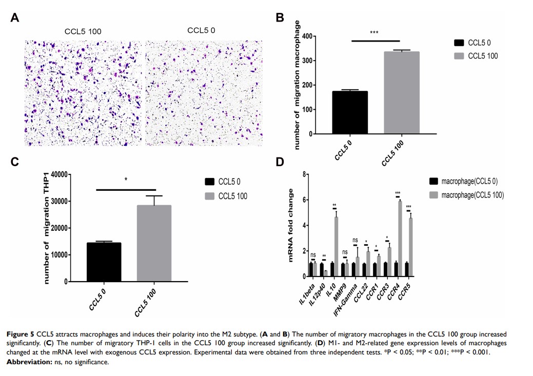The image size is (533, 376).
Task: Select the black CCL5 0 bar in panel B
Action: [350, 112]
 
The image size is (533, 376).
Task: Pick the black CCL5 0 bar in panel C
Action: [104, 262]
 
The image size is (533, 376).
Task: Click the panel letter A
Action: [15, 18]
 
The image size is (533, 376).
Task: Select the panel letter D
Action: [280, 162]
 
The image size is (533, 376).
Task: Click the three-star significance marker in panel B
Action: [374, 33]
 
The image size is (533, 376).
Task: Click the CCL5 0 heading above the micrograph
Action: [201, 30]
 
